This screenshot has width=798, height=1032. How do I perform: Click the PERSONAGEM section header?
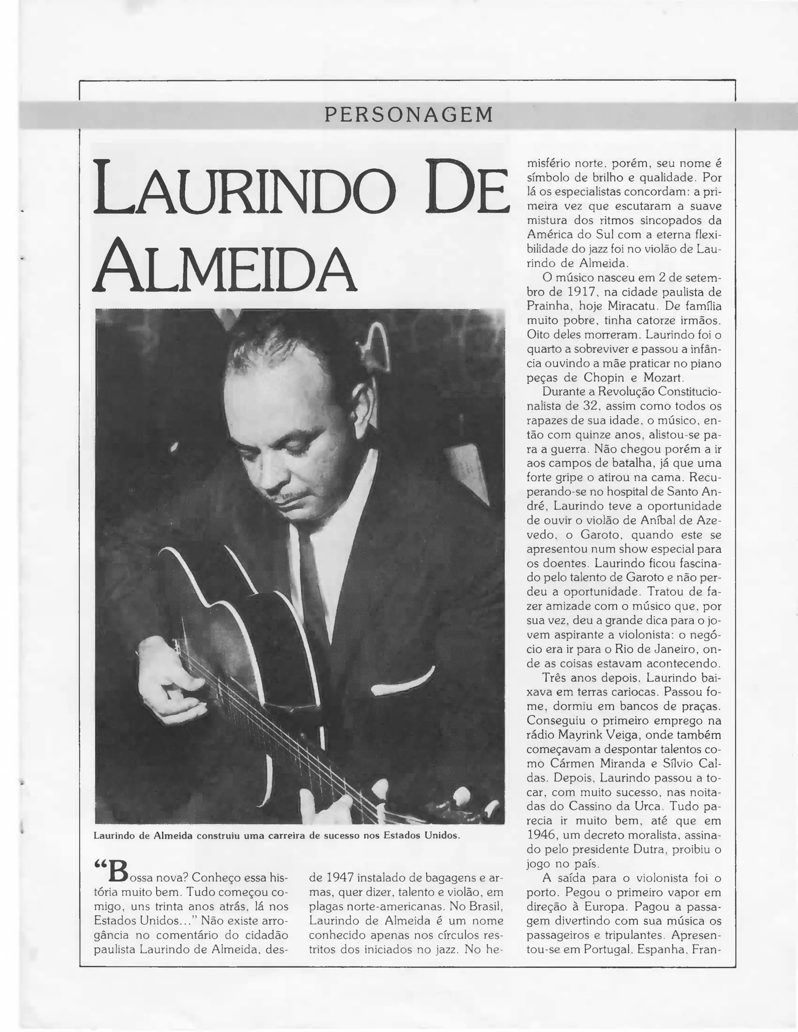click(x=408, y=115)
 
